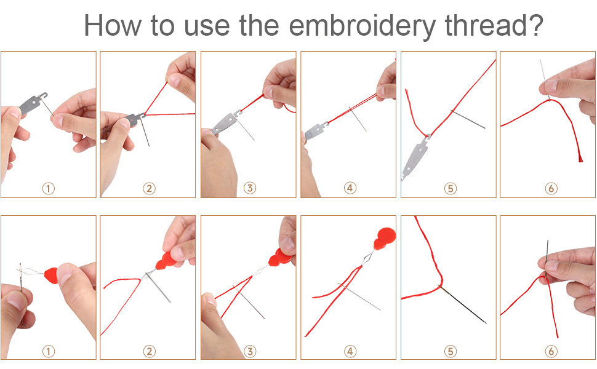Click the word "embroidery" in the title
coord(362,26)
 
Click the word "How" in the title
coord(112,25)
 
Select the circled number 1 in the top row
coord(49,188)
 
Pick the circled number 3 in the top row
coord(249,188)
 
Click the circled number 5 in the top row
coord(451,188)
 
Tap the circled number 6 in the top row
coord(551,188)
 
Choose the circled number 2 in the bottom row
coord(149,351)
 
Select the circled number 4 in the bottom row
coord(350,351)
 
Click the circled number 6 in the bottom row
coord(551,351)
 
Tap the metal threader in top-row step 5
coord(414,157)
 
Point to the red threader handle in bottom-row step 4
coord(385,238)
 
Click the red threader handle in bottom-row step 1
coord(51,275)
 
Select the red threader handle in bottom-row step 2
coord(167,260)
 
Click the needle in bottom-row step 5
coord(463,304)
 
